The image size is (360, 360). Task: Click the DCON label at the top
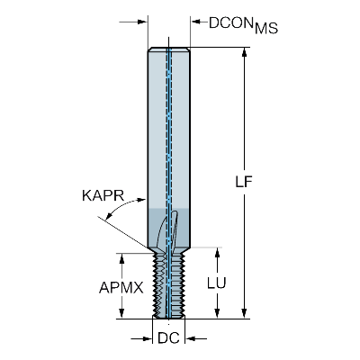click(230, 22)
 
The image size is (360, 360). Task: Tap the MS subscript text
click(266, 29)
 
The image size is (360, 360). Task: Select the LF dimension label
click(243, 182)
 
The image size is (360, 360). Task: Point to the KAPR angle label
click(103, 196)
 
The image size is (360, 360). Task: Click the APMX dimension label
click(121, 288)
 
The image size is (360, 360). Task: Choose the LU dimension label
click(217, 283)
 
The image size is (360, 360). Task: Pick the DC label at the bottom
click(168, 338)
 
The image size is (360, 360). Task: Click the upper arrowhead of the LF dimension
click(245, 51)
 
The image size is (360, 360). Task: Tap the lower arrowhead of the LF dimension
click(245, 313)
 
